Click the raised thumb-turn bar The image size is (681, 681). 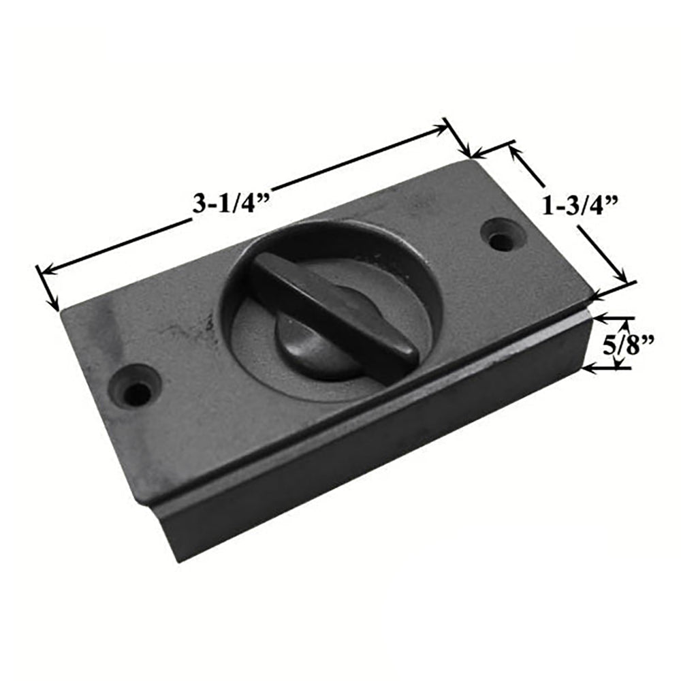pos(334,310)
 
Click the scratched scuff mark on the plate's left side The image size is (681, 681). pos(184,334)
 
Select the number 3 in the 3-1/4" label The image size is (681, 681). pos(199,204)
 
